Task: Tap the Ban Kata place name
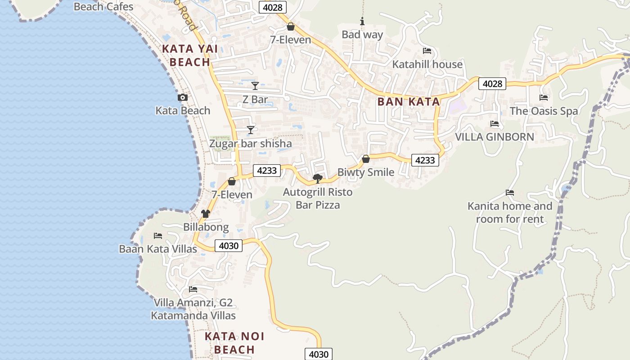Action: tap(409, 102)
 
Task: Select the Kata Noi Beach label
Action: tap(234, 343)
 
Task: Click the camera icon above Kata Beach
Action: tap(183, 97)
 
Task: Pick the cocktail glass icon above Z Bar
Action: tap(255, 85)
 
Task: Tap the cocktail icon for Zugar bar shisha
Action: tap(251, 130)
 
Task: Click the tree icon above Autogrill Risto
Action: tap(318, 179)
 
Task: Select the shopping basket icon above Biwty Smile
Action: tap(366, 159)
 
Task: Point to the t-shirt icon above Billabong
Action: tap(206, 213)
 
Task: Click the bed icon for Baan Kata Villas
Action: tap(157, 235)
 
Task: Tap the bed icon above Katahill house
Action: tap(427, 51)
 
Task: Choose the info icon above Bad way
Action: tap(362, 21)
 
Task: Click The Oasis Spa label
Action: tap(544, 111)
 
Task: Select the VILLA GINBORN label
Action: tap(495, 137)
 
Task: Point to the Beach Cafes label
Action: tap(103, 6)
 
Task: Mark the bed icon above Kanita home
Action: tap(510, 193)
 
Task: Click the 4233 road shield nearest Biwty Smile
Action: tap(425, 160)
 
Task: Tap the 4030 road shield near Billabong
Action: tap(229, 246)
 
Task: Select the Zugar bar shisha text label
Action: tap(251, 144)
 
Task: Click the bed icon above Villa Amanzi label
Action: tap(193, 289)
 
